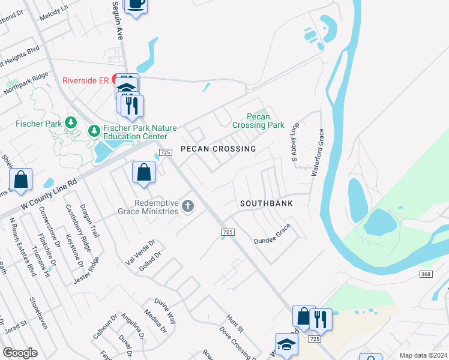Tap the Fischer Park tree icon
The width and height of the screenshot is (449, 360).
[71, 123]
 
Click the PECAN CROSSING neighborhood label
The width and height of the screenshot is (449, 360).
[218, 148]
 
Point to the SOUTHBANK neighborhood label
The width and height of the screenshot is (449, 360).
[267, 203]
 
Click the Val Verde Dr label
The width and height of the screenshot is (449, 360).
[140, 251]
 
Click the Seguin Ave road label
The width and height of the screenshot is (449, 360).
[118, 20]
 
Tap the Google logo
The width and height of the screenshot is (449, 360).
[20, 353]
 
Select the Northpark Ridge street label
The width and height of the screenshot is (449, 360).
[25, 84]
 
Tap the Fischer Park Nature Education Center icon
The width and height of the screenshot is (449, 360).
[94, 130]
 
